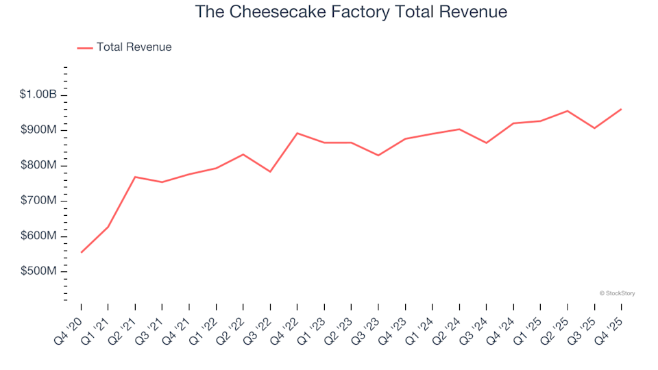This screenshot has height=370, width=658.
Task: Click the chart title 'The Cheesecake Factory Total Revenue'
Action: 351,12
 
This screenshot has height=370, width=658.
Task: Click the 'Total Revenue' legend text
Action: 134,47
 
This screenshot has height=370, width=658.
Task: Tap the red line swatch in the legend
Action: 85,48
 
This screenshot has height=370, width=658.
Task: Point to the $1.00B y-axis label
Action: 38,95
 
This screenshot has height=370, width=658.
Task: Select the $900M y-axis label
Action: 38,130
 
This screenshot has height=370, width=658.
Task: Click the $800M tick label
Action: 38,166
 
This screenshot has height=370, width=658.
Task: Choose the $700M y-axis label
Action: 38,201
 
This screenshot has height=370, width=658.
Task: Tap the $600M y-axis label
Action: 38,236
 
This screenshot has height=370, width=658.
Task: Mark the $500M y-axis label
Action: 38,272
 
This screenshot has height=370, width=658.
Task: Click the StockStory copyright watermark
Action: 617,293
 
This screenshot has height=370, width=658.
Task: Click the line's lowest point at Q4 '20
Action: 82,252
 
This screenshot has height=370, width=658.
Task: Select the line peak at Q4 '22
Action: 297,133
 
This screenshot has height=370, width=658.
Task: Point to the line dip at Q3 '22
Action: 270,171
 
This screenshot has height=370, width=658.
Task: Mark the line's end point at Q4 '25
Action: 621,109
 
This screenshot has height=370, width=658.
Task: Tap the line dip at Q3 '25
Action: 594,128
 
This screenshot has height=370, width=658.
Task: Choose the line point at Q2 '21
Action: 135,177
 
